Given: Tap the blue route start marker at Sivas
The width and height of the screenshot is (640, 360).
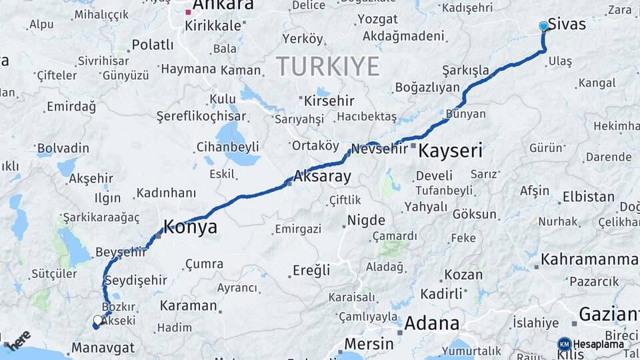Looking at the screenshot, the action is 543,26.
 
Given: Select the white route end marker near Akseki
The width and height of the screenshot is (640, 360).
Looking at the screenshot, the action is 98,321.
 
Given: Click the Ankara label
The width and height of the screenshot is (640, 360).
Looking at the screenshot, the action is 223,5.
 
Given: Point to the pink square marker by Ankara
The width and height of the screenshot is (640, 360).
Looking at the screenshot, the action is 189,11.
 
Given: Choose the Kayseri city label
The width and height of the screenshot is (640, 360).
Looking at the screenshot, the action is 450,151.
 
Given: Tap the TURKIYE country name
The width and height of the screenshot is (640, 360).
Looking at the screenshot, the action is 327,66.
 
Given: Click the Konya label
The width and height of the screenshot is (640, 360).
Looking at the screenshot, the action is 191,227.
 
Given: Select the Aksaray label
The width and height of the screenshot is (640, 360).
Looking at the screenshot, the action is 322,177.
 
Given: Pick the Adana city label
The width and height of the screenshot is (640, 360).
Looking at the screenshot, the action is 432,324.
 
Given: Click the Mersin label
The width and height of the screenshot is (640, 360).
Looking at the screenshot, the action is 369,344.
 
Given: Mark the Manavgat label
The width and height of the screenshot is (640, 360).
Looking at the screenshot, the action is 103,347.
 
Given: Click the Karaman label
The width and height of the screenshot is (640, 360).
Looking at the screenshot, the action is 189,306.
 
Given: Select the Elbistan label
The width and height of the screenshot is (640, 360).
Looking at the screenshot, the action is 588,197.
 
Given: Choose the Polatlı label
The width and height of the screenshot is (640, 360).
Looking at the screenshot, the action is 152,45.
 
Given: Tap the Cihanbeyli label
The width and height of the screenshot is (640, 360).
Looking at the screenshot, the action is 227,147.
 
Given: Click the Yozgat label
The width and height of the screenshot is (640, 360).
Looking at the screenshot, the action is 377,19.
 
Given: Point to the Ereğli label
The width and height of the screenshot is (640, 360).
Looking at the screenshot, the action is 311,270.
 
